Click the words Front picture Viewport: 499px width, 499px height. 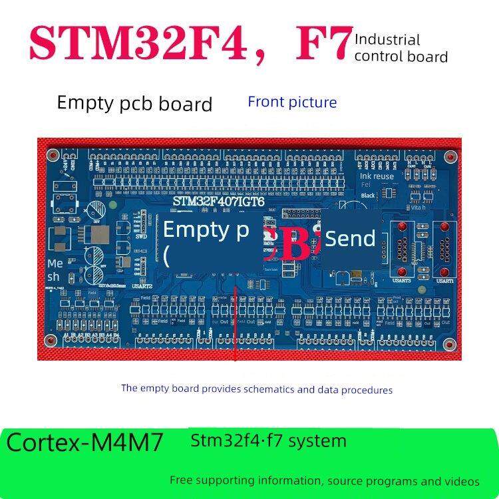[292, 102]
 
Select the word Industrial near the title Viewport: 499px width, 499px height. [387, 40]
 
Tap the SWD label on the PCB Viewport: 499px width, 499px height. [141, 236]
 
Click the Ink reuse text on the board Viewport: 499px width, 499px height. [377, 176]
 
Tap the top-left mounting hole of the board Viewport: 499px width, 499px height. [52, 156]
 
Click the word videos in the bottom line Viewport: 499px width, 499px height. [462, 480]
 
